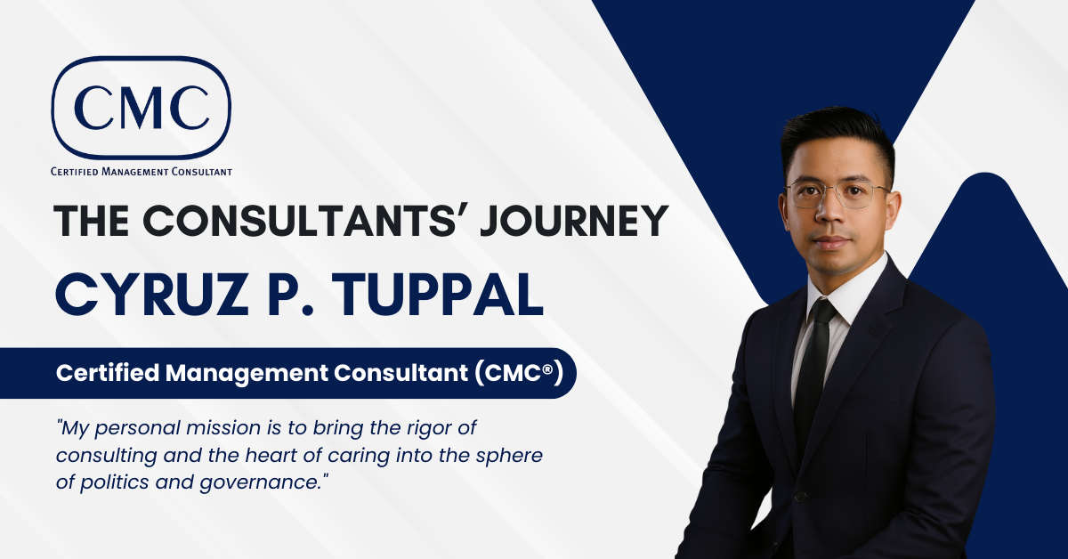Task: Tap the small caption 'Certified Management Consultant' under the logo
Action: point(142,170)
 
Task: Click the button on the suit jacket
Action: point(800,496)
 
